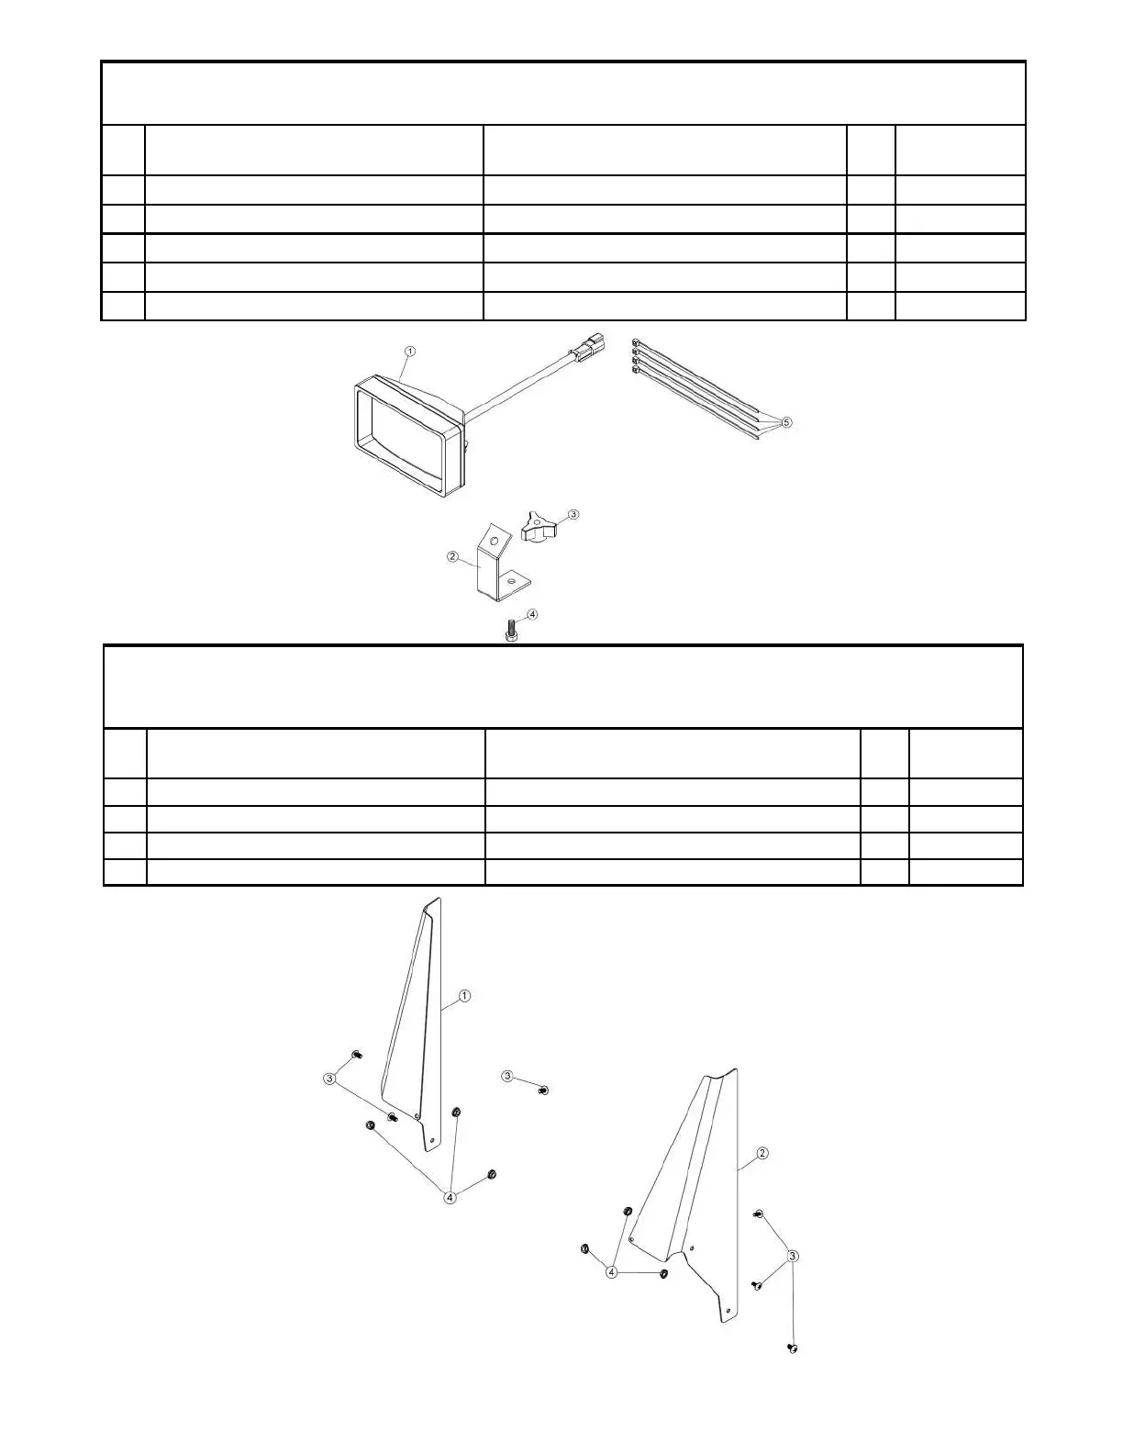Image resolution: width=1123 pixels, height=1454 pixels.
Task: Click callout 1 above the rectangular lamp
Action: [410, 352]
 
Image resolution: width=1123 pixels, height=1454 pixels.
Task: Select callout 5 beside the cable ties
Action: [787, 423]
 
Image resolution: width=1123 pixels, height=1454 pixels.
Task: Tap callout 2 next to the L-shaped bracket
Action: [452, 556]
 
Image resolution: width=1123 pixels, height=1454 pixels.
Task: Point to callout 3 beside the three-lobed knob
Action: [573, 514]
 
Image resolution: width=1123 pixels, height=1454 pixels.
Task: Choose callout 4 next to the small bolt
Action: [532, 614]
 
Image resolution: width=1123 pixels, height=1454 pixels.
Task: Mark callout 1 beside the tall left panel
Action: [464, 996]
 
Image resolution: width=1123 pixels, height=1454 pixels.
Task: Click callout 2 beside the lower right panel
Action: [762, 1153]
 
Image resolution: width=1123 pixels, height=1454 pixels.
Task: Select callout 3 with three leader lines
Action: [794, 1255]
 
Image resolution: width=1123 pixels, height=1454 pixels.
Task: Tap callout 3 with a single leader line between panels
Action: [507, 1076]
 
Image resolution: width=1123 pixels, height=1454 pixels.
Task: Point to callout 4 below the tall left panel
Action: [450, 1196]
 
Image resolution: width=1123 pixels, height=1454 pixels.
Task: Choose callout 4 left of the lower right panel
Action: [611, 1272]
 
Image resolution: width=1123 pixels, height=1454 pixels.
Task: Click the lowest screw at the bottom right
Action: [793, 1348]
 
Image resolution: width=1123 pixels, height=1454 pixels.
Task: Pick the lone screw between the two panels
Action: [543, 1090]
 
